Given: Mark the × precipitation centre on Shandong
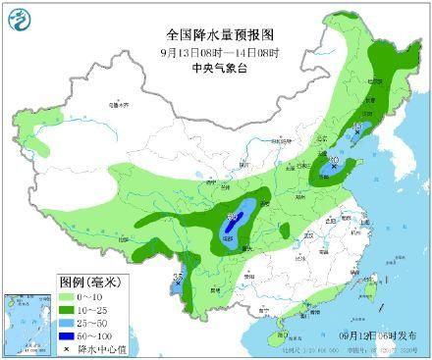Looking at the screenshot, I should [x=335, y=168].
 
